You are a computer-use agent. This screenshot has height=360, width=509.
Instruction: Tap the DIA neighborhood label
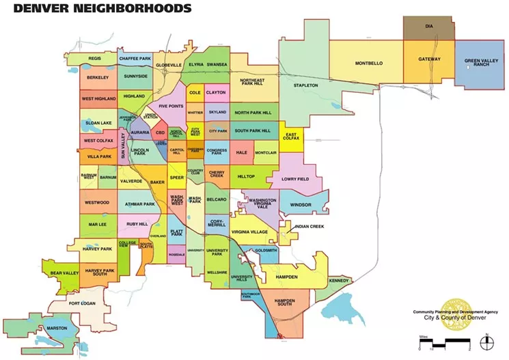click(428, 27)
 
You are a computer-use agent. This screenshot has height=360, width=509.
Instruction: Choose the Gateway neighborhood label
click(429, 59)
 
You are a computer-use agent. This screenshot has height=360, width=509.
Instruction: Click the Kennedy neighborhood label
click(338, 281)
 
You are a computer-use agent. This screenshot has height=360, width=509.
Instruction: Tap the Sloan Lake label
click(97, 123)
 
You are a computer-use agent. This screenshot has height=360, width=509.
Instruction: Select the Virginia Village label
click(249, 232)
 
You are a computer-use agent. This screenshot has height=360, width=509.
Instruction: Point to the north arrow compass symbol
click(485, 337)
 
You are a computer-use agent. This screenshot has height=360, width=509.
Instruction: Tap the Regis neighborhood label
click(95, 59)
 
